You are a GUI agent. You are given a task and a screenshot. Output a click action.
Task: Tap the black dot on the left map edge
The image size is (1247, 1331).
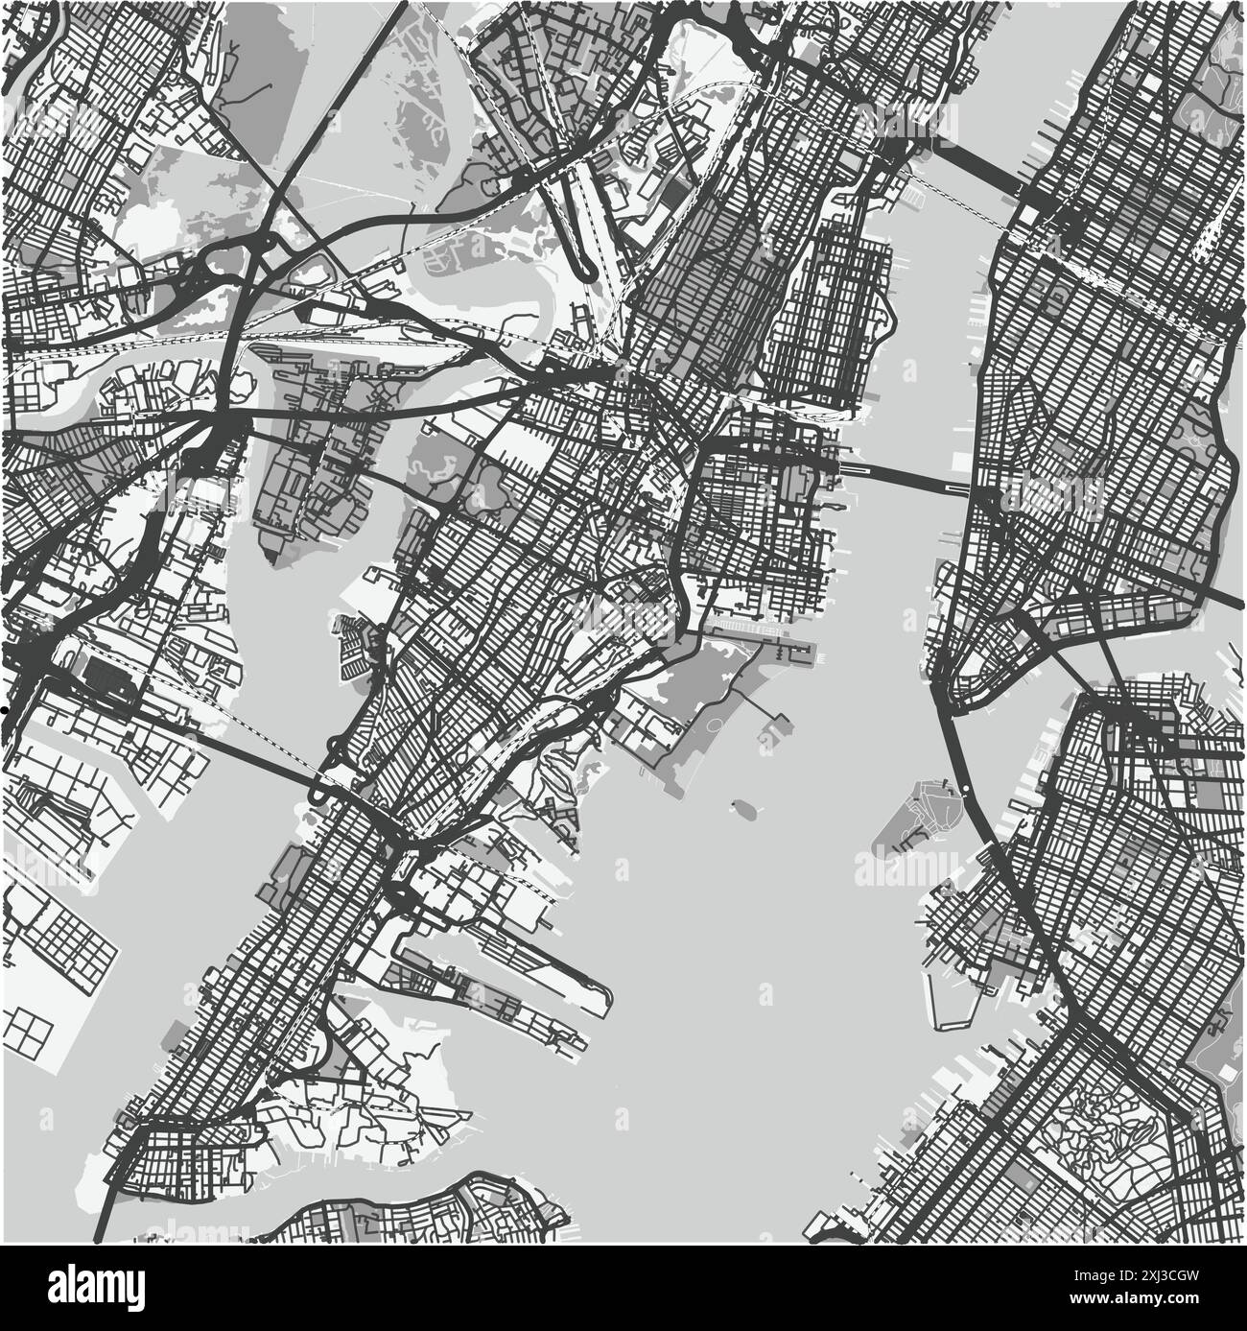(x=4, y=709)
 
